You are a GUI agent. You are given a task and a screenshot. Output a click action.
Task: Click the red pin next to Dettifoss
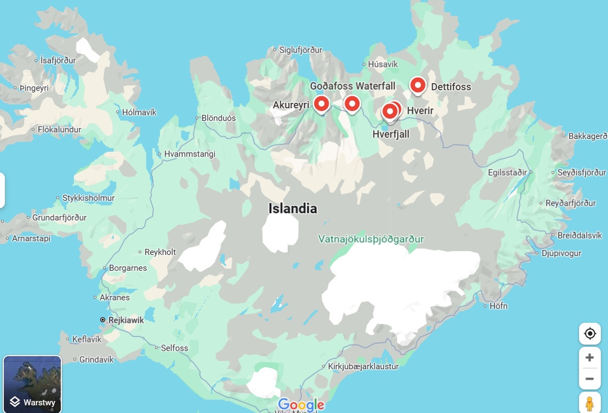(418, 85)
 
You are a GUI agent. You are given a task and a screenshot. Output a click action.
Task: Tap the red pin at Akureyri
(321, 104)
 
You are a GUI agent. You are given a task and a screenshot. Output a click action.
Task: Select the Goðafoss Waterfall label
(352, 86)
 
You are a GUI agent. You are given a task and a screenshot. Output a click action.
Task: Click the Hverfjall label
(391, 134)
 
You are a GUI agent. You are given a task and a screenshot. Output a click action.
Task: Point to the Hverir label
(420, 111)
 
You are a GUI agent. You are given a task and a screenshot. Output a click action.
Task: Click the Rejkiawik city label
(126, 320)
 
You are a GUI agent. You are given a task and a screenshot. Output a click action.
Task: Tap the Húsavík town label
(382, 64)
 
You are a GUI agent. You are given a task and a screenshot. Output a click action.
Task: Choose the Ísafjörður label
(58, 60)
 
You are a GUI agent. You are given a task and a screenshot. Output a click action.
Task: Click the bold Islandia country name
(292, 208)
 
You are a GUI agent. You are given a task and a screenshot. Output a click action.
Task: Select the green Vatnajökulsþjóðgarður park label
(371, 239)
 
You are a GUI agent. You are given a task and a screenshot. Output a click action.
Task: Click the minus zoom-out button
(589, 379)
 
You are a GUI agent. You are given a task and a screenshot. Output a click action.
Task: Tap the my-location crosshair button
(590, 334)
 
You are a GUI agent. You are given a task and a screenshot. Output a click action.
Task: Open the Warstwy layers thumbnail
(32, 384)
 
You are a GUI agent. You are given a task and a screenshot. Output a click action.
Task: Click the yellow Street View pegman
(589, 404)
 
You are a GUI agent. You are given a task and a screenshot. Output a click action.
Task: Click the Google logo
(301, 404)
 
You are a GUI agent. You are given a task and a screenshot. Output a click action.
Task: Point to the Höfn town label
(498, 306)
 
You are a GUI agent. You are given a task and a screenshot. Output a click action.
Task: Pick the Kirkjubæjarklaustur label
(363, 366)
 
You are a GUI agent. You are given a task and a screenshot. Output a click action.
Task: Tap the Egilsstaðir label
(507, 172)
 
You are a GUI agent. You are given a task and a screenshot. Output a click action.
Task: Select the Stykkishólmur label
(88, 198)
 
